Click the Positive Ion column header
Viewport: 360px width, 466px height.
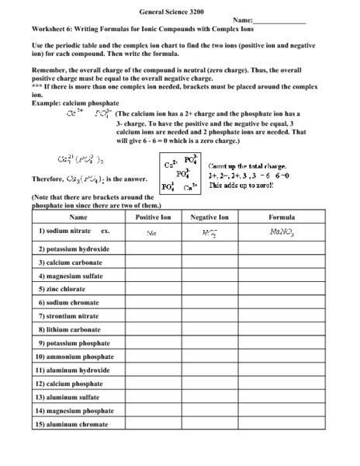(x=153, y=217)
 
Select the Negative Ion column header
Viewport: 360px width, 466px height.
(x=209, y=217)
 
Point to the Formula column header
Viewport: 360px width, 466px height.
(x=282, y=217)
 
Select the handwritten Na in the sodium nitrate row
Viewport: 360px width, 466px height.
(x=152, y=231)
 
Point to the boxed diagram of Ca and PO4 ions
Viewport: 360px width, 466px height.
(x=181, y=176)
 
